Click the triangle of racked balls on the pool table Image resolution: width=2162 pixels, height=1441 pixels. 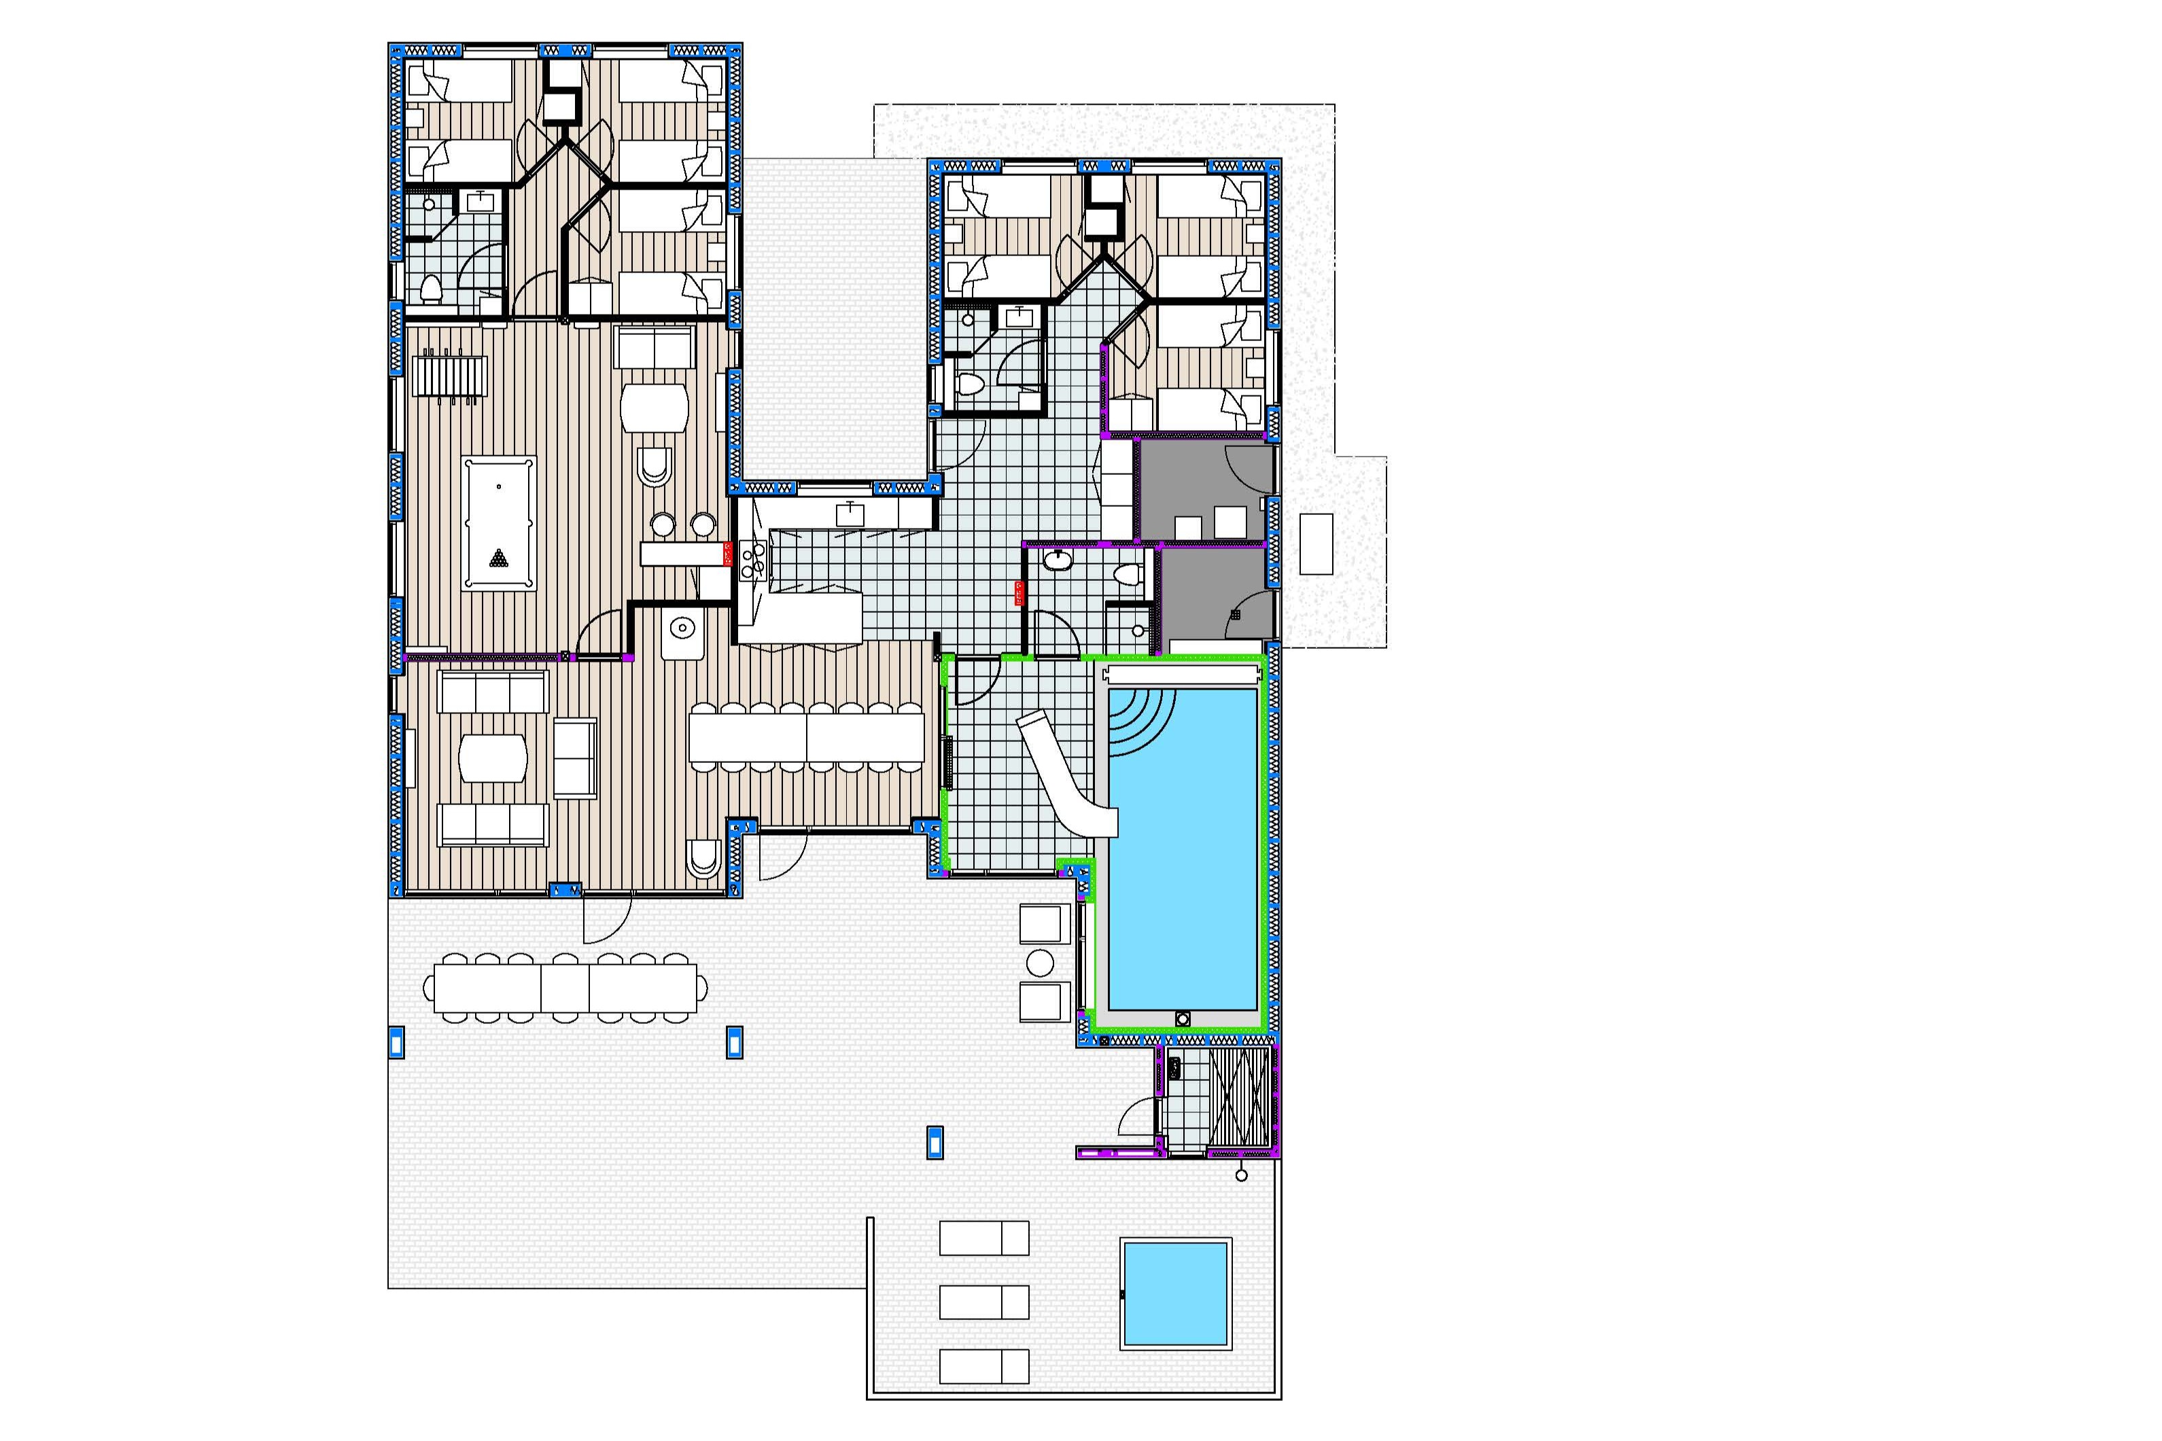click(x=498, y=558)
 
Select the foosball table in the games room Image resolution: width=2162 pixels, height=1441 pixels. click(x=449, y=376)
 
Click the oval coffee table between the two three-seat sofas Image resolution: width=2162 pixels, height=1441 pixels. click(x=493, y=758)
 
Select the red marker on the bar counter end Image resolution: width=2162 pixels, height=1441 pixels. click(x=728, y=553)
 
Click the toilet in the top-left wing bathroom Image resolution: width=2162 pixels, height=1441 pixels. click(x=431, y=290)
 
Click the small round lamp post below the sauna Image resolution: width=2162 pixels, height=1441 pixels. click(x=1242, y=1175)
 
